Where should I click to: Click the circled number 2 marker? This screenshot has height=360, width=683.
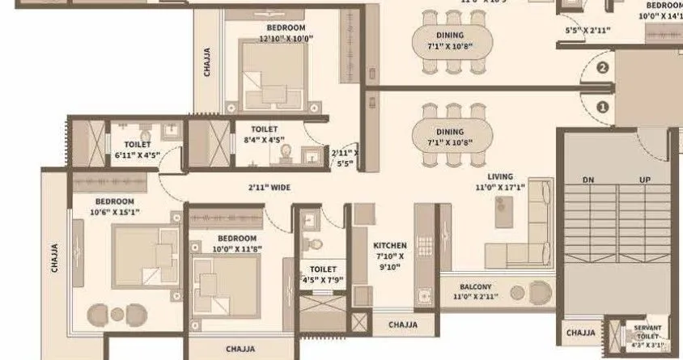point(602,69)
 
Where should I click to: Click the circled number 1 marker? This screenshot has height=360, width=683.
point(602,106)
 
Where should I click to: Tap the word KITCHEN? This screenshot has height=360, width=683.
point(389,245)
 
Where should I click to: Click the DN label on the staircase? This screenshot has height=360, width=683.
point(588,179)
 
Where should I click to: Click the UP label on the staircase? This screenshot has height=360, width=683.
point(645,179)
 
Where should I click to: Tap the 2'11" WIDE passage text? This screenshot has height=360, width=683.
point(269,188)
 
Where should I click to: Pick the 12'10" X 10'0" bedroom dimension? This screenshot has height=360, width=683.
point(286,38)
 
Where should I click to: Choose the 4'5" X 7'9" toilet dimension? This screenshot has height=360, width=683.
point(323,281)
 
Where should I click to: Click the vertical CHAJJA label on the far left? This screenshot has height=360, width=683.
point(55,259)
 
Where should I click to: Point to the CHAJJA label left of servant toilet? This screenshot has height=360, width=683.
point(581,332)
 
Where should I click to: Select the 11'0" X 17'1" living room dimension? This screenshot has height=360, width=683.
point(500,186)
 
